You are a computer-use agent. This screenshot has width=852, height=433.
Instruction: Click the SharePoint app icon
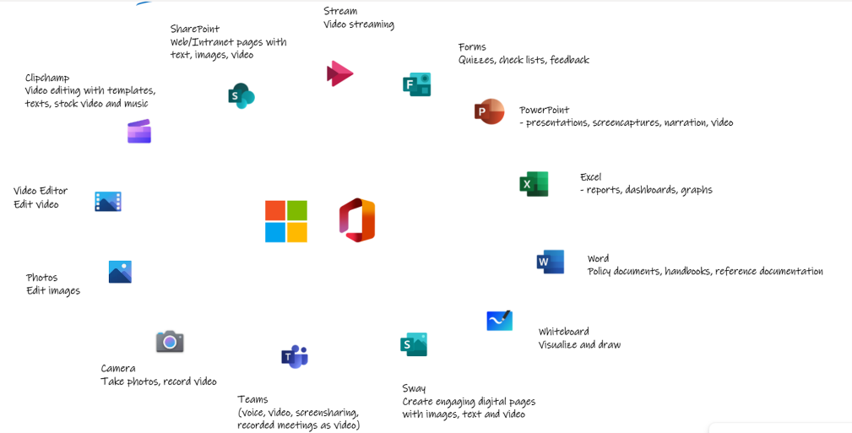click(x=241, y=95)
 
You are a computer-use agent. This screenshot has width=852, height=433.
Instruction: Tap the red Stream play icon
click(x=339, y=74)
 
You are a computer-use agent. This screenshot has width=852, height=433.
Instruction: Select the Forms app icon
click(x=417, y=84)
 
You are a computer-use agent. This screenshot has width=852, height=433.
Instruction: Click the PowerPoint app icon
click(x=489, y=112)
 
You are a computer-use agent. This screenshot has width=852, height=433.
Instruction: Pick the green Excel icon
click(x=534, y=184)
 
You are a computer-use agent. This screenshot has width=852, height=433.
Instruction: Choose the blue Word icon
click(x=550, y=262)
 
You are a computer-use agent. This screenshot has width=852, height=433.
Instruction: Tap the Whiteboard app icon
click(x=499, y=321)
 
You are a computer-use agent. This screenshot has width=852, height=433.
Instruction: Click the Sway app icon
click(x=414, y=344)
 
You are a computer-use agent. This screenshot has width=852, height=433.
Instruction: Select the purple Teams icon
click(x=295, y=356)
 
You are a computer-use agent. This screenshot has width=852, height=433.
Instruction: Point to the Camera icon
click(x=170, y=342)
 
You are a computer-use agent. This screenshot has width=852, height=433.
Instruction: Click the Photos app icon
click(x=120, y=272)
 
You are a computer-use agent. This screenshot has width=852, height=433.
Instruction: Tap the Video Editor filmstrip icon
click(x=107, y=202)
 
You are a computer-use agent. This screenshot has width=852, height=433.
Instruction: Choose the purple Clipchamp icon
click(x=139, y=132)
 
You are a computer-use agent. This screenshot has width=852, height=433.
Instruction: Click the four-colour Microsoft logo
click(x=286, y=221)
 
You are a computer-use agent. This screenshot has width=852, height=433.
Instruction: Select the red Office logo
click(x=357, y=220)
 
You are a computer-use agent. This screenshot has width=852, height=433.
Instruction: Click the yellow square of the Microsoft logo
click(x=297, y=232)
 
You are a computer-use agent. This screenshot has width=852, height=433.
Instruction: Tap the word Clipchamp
click(x=47, y=78)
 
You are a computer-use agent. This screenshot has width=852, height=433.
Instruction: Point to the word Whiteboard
click(x=563, y=332)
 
